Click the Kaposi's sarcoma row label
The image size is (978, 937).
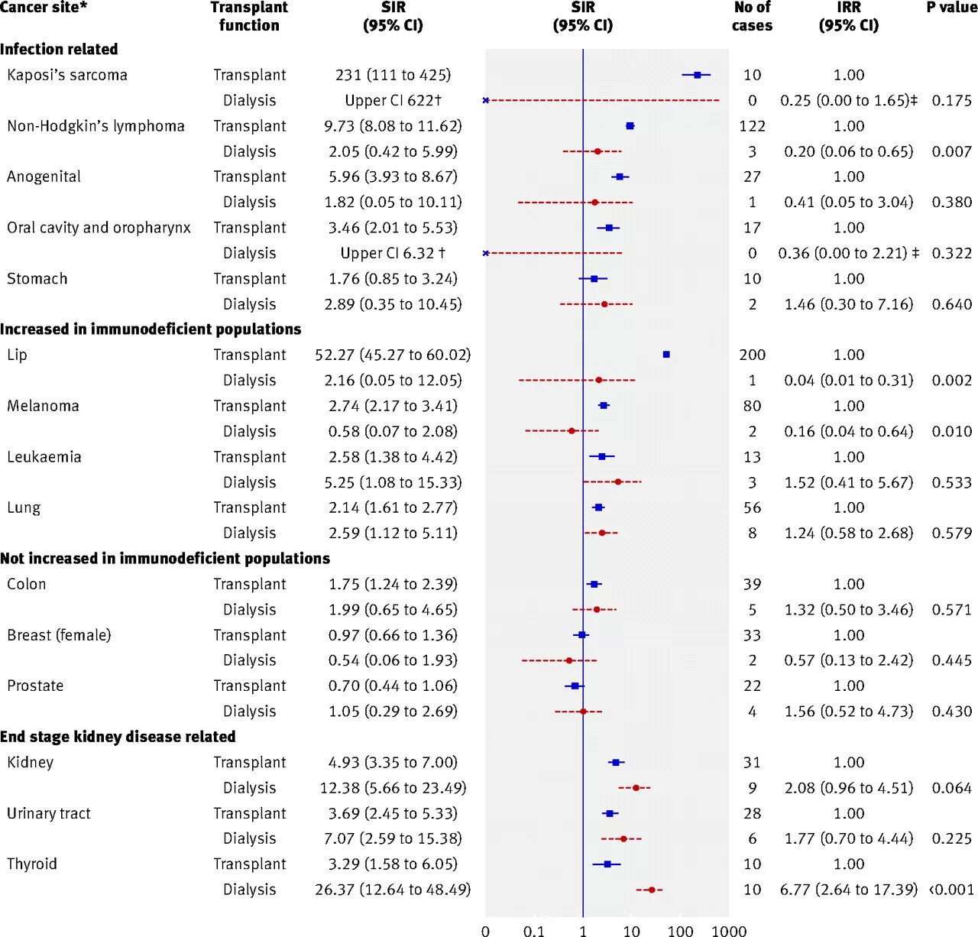pyautogui.click(x=67, y=75)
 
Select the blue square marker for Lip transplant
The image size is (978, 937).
pyautogui.click(x=666, y=355)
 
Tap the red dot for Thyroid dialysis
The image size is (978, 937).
pyautogui.click(x=651, y=890)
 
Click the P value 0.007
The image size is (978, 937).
pyautogui.click(x=951, y=151)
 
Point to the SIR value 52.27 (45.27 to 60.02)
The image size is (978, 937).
pyautogui.click(x=393, y=355)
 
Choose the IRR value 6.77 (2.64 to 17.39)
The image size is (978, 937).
pyautogui.click(x=848, y=890)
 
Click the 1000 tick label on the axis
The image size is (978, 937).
pyautogui.click(x=729, y=930)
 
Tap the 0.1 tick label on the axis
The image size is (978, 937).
pyautogui.click(x=534, y=930)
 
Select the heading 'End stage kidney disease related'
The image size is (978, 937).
pyautogui.click(x=118, y=737)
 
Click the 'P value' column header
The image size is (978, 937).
pyautogui.click(x=951, y=8)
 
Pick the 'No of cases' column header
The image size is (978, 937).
pyautogui.click(x=752, y=16)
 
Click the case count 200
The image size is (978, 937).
pyautogui.click(x=752, y=355)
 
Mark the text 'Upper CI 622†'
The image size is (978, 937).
pyautogui.click(x=393, y=100)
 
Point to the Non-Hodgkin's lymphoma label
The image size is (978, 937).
pyautogui.click(x=96, y=126)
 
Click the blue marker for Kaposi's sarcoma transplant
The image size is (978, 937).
pyautogui.click(x=697, y=75)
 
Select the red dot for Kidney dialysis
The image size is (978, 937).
pyautogui.click(x=635, y=788)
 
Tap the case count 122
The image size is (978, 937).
pyautogui.click(x=752, y=126)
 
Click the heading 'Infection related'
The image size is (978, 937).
pyautogui.click(x=59, y=49)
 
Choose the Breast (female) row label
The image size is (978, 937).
pyautogui.click(x=59, y=635)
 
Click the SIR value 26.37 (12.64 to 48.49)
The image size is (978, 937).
pyautogui.click(x=393, y=890)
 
